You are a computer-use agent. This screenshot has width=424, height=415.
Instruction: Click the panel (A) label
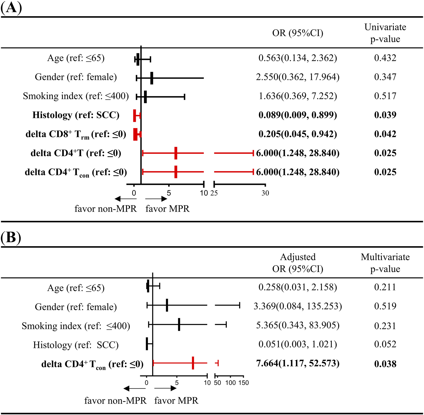11,8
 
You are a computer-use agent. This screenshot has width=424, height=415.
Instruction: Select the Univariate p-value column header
385,33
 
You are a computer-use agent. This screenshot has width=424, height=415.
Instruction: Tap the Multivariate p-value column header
385,263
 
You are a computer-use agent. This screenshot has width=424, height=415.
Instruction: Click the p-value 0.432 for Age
385,58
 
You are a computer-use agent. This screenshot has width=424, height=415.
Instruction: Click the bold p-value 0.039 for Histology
385,115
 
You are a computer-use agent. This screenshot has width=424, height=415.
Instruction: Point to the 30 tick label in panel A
265,193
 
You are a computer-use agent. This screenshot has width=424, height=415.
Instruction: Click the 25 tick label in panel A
214,193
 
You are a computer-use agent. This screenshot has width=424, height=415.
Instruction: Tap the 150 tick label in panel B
244,383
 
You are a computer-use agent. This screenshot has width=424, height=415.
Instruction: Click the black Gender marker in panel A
152,78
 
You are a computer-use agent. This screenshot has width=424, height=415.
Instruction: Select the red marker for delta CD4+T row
176,153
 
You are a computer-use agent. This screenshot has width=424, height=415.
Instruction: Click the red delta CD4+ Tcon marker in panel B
193,363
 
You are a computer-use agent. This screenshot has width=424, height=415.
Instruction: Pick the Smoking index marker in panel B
179,325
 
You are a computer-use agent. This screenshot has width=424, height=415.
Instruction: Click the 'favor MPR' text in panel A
167,209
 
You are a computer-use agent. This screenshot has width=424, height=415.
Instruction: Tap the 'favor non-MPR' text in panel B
115,401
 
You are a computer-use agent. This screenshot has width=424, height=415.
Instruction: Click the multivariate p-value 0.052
385,344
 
